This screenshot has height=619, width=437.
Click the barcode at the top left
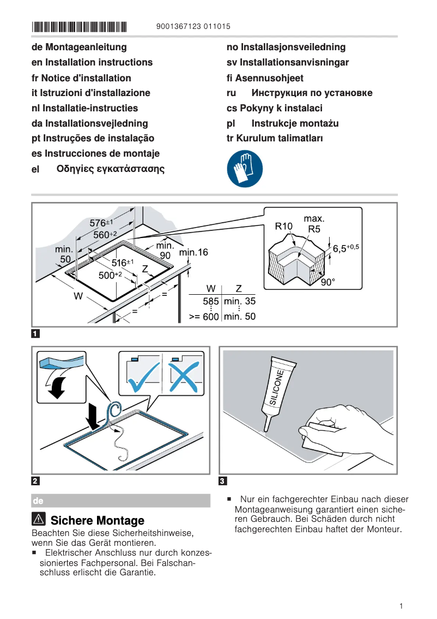tap(79, 26)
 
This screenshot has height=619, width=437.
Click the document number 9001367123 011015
tap(193, 26)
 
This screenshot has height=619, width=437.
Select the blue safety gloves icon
tap(245, 169)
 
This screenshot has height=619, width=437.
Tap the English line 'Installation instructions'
tap(92, 62)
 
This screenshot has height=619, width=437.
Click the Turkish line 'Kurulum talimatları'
tap(275, 138)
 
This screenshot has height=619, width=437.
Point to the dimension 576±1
tap(101, 223)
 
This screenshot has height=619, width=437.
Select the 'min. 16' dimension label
tap(193, 252)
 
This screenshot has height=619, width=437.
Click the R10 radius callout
tap(283, 225)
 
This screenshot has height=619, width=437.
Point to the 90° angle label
tap(327, 282)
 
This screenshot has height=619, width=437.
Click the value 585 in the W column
tap(210, 301)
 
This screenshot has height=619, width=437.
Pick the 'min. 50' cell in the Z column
tap(239, 316)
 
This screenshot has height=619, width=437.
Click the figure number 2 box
tap(35, 481)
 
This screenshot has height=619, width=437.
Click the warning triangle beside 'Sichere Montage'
tap(39, 520)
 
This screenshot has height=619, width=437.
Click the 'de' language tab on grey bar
tap(38, 501)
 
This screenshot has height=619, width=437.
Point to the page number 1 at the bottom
tap(401, 606)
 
